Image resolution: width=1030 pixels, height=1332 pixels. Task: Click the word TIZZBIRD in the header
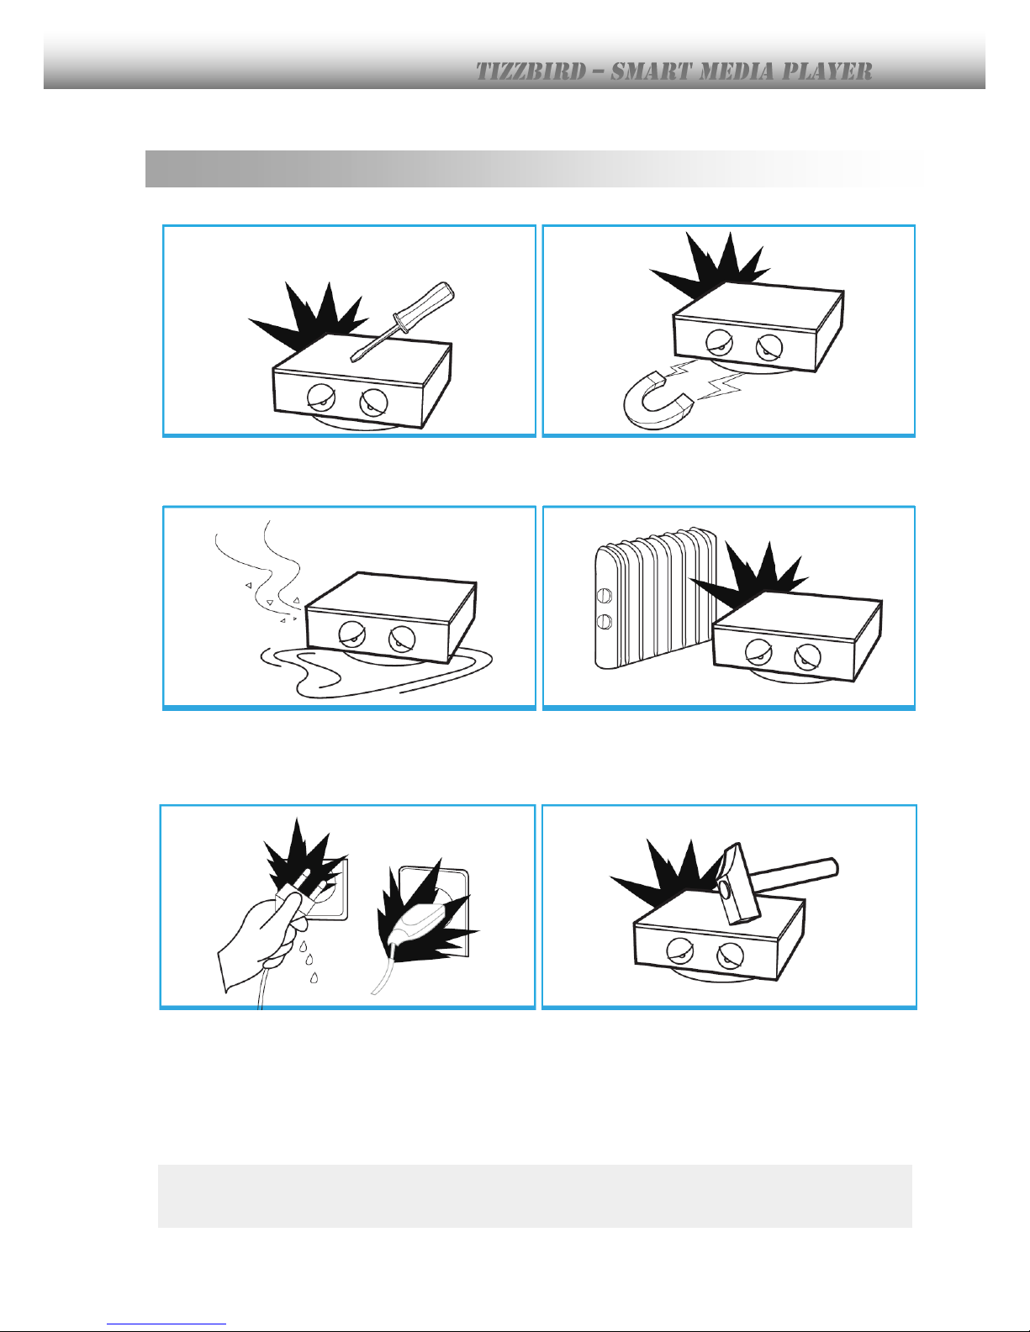pos(531,71)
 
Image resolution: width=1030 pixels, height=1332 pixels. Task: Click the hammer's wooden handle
pos(797,875)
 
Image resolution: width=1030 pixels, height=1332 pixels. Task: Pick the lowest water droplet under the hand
pos(314,977)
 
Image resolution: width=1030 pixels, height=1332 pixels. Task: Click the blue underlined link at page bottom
pos(166,1322)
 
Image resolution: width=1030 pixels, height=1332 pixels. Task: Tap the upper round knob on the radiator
pos(604,595)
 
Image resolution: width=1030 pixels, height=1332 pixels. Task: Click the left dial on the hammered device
pos(679,950)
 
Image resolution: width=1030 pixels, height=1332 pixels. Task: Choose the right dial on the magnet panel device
pos(769,348)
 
